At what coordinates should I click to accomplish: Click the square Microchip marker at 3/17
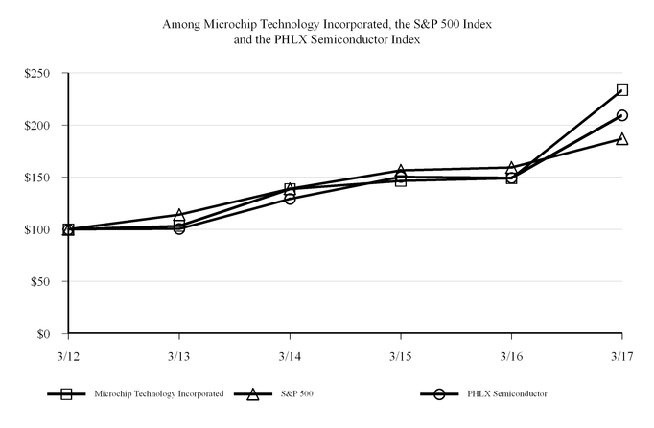point(622,90)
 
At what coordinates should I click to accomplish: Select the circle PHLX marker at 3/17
point(622,115)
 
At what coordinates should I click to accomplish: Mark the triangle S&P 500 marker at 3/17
point(622,138)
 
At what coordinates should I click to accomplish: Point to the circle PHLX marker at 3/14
point(290,199)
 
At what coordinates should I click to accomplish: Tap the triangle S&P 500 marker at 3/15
point(401,170)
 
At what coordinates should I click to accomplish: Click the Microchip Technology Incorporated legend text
point(159,394)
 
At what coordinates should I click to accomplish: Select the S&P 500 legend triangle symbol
point(254,394)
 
